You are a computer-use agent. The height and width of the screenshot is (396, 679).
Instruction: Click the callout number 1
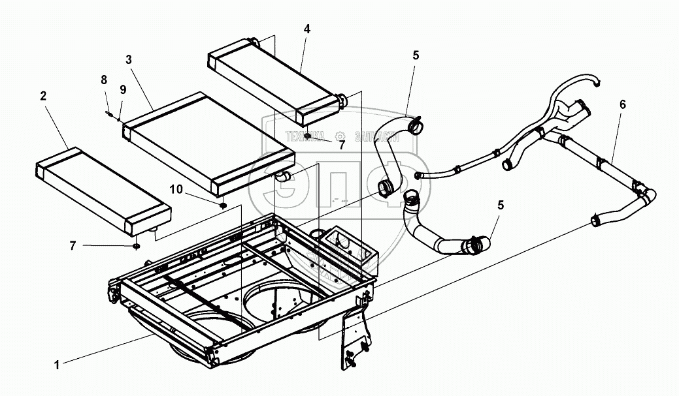57,365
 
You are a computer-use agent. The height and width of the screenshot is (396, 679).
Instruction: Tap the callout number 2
43,96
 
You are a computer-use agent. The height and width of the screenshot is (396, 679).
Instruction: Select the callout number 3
129,59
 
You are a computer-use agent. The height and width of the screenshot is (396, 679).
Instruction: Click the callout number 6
622,104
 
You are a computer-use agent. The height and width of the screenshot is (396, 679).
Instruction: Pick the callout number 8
103,80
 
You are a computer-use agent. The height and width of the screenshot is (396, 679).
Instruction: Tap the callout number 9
122,90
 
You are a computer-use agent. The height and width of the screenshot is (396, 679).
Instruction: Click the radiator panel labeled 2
101,190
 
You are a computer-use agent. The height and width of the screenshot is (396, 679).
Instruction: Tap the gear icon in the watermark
339,137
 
